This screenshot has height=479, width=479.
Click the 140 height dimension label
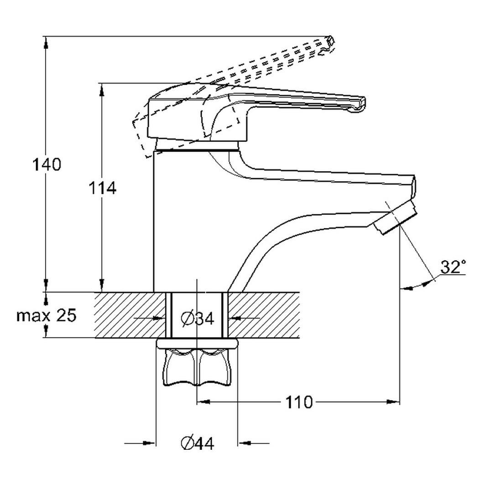tap(46, 164)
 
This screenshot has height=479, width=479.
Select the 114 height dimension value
tap(102, 187)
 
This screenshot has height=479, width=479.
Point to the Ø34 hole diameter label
tap(197, 318)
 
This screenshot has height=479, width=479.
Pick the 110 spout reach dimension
tap(299, 402)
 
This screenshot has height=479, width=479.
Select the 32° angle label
tap(453, 266)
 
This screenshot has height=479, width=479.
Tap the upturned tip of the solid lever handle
tap(358, 104)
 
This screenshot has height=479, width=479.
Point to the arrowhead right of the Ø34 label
tap(234, 318)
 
